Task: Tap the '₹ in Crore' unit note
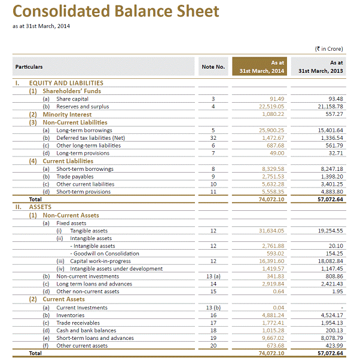[329, 48]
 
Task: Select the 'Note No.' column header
[213, 67]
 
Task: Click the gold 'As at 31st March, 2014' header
[261, 67]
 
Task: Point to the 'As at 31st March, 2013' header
[321, 67]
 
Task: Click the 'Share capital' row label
[72, 99]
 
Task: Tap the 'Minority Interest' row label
[67, 114]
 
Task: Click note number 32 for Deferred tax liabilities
[213, 137]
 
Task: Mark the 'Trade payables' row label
[75, 176]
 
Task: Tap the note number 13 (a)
[213, 277]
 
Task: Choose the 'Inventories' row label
[70, 315]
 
